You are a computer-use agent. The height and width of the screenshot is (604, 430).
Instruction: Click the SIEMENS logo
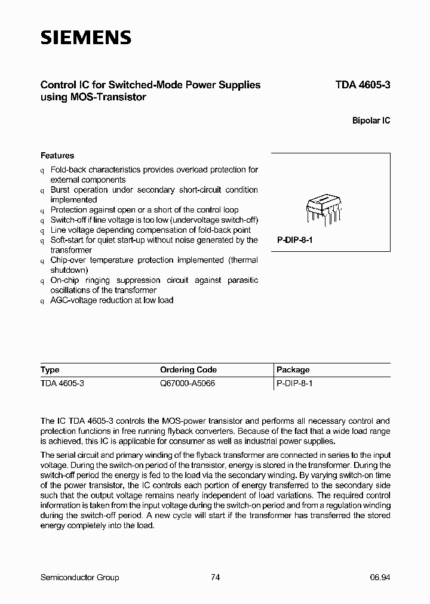pos(85,38)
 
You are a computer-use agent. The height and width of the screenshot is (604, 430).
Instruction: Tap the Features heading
pos(57,155)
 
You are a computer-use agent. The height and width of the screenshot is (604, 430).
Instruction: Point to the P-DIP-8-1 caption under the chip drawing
pos(296,240)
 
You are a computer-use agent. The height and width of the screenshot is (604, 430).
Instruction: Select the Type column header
pos(50,369)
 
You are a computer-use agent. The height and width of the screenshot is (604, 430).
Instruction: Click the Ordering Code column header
pos(188,369)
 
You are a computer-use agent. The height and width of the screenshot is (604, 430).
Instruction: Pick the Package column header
pos(293,369)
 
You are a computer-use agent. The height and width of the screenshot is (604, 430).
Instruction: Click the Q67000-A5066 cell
pos(188,383)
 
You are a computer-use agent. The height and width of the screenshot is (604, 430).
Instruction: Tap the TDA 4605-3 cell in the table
pos(62,383)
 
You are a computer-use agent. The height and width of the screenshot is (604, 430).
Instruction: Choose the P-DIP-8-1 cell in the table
pos(295,383)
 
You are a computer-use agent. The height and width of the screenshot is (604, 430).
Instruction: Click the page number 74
pos(216,577)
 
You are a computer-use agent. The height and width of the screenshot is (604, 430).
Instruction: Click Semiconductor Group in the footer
pos(79,577)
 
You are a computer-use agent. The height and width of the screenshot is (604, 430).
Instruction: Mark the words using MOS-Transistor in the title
pos(93,97)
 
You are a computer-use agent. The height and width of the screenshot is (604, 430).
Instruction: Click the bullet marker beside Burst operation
pos(42,190)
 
